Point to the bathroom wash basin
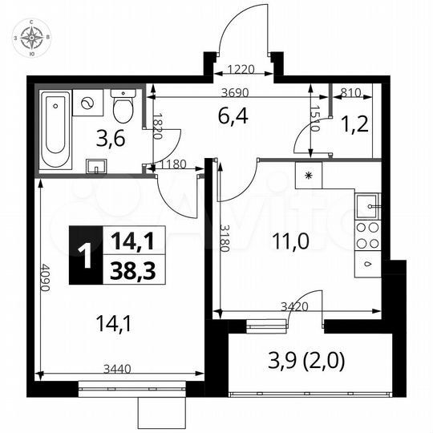[95, 166]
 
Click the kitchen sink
[369, 205]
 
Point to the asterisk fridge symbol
[308, 174]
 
